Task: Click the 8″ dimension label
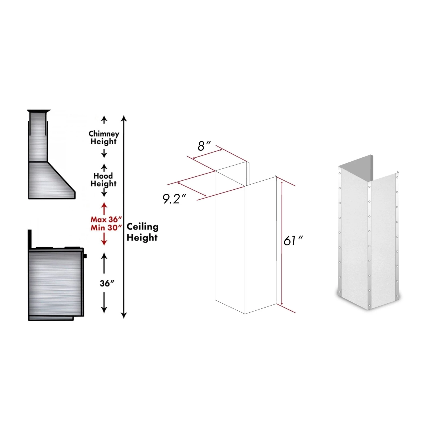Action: [204, 146]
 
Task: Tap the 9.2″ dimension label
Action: [174, 199]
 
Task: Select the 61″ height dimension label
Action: [293, 241]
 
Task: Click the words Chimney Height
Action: [104, 137]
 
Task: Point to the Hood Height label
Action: [103, 179]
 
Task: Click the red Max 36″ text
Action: [106, 219]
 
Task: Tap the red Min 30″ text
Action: [106, 228]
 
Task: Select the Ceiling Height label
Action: [142, 232]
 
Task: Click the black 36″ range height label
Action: [107, 283]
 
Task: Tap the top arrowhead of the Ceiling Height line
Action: [124, 118]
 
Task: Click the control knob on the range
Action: [85, 256]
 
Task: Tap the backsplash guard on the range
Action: [30, 239]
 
